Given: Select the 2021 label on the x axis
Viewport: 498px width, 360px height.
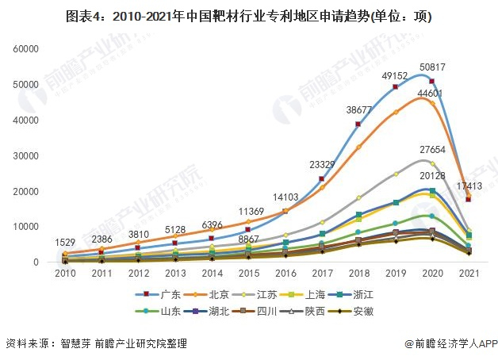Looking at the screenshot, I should [469, 274].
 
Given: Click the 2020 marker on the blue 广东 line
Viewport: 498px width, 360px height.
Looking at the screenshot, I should [431, 82].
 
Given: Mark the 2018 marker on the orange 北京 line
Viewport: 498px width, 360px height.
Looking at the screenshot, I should [358, 147].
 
